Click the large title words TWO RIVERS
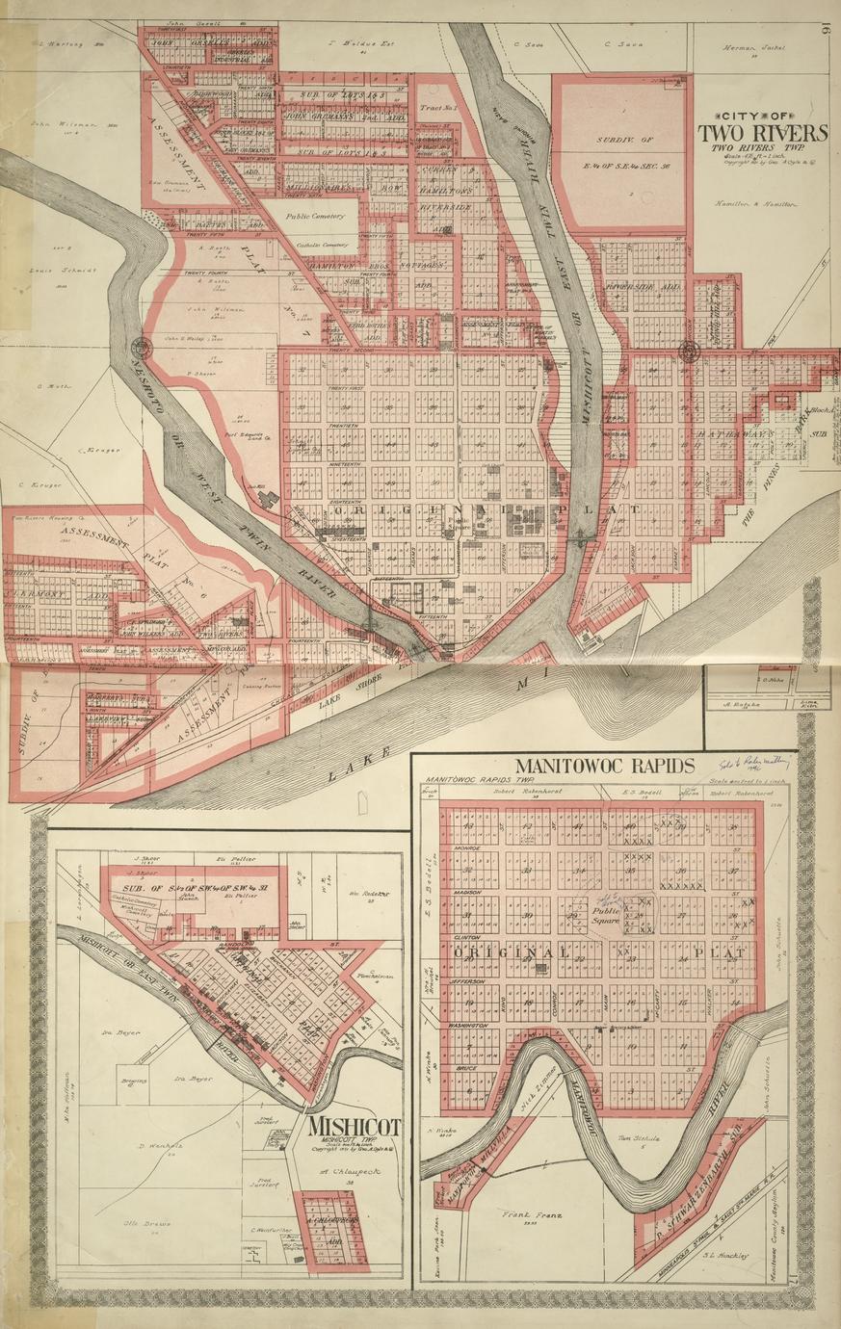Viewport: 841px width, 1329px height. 762,132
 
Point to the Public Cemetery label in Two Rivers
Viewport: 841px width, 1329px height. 314,217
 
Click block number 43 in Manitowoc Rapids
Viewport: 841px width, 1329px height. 526,826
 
